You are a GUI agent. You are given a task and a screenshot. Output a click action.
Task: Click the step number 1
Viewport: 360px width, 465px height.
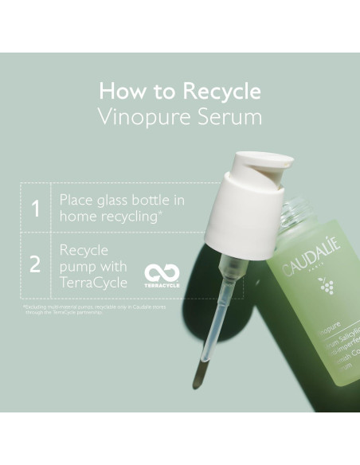(35, 209)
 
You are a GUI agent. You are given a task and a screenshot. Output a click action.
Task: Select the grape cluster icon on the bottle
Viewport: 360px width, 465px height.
(327, 284)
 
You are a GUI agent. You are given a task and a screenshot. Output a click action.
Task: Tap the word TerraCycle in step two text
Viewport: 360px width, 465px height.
(93, 281)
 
